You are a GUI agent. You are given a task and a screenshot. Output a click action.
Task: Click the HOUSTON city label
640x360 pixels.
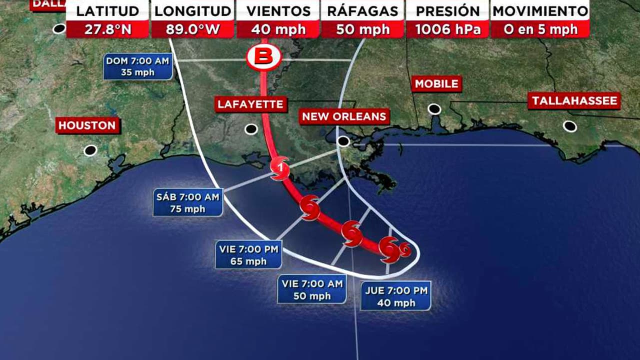coord(87,125)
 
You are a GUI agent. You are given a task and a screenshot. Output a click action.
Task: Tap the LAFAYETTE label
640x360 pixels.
coord(251,104)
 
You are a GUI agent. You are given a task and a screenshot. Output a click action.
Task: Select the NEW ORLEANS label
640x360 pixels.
coord(344,117)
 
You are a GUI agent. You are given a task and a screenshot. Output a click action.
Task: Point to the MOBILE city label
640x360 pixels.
coord(436,84)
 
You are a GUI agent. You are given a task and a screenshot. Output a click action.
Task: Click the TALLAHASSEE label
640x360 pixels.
coord(574,101)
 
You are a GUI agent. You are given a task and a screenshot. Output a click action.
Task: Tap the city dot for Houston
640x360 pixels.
coord(90,150)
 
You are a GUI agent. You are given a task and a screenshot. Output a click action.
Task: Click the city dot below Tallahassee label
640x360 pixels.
coord(569,126)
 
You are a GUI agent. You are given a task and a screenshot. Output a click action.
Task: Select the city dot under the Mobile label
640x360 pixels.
coord(434,109)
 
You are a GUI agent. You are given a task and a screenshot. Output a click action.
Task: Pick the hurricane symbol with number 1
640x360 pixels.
coord(279,168)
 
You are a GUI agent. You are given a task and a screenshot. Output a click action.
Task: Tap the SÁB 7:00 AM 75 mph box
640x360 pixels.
coord(188,203)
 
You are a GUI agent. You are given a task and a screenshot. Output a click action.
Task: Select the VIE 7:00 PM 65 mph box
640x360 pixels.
coord(248,254)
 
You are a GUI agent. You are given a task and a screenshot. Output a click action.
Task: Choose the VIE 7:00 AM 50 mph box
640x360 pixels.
coord(312,290)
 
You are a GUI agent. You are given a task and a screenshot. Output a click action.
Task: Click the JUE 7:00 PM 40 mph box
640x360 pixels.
coord(395,296)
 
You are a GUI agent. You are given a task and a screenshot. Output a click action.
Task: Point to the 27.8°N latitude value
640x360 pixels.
coord(107,29)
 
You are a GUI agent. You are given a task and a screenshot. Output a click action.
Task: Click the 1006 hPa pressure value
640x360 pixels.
coord(447,29)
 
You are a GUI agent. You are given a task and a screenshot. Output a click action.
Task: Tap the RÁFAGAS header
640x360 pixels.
coord(362,11)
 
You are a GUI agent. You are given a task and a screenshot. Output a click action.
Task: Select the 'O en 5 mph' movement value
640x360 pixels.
coord(540,29)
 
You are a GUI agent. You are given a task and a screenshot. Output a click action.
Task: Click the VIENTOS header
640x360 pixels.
coord(278,11)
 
